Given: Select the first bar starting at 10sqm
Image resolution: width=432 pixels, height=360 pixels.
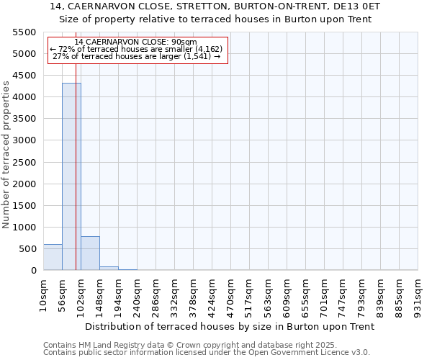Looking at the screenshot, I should [x=53, y=257].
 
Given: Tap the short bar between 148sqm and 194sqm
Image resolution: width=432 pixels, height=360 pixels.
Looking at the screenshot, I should [x=109, y=268].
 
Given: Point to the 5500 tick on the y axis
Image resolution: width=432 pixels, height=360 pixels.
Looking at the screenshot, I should [x=24, y=32].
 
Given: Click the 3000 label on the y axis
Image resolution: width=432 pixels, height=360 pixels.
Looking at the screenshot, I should [x=24, y=140].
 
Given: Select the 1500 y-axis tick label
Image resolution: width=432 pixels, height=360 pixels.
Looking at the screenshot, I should [x=24, y=205].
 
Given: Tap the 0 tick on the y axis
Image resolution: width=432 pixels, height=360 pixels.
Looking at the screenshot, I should [x=33, y=271].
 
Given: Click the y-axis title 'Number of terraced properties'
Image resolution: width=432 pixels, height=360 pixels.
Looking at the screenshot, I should [x=6, y=155].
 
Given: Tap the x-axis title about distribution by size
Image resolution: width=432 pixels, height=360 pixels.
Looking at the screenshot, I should [x=230, y=326].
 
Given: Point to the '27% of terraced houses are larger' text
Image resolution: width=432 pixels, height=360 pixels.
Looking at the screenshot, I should [x=136, y=56].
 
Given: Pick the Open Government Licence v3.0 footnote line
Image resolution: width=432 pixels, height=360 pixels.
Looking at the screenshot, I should [x=207, y=353].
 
